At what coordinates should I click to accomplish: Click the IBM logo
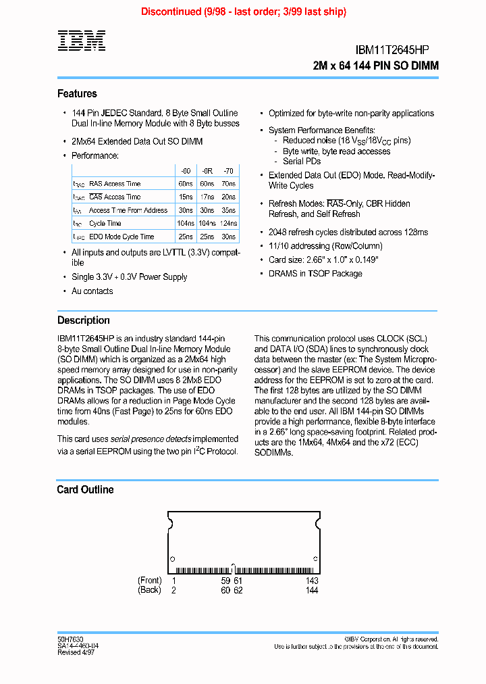pyautogui.click(x=81, y=41)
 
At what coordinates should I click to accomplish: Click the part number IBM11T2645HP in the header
pyautogui.click(x=392, y=50)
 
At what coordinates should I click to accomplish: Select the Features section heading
pyautogui.click(x=77, y=93)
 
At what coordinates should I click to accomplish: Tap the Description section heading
pyautogui.click(x=83, y=320)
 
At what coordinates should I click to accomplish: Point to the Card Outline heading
pyautogui.click(x=85, y=489)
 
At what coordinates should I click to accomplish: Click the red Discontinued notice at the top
pyautogui.click(x=243, y=11)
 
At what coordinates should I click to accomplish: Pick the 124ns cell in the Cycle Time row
pyautogui.click(x=228, y=223)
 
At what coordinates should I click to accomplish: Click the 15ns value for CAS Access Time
pyautogui.click(x=186, y=197)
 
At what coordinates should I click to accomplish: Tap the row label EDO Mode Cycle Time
pyautogui.click(x=122, y=237)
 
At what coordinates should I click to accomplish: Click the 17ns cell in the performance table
pyautogui.click(x=207, y=197)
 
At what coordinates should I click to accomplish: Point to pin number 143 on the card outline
pyautogui.click(x=311, y=581)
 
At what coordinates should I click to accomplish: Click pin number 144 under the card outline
pyautogui.click(x=311, y=590)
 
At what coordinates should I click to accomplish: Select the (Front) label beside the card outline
pyautogui.click(x=149, y=581)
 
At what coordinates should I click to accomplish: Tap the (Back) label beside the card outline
pyautogui.click(x=149, y=590)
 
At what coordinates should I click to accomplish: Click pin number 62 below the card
pyautogui.click(x=238, y=590)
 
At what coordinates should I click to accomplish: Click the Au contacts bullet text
pyautogui.click(x=92, y=291)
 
